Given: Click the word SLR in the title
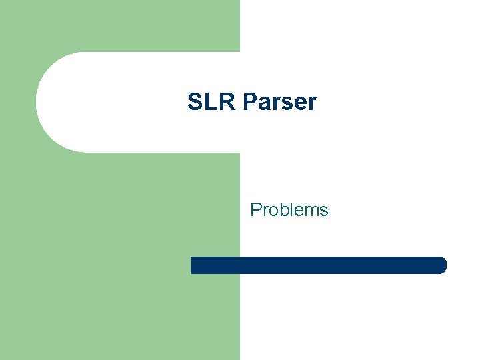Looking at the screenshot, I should pos(212,102).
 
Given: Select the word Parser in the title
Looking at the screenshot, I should pos(280,102).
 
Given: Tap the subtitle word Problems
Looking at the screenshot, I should pos(289,210).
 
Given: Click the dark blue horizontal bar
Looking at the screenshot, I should pos(318,265).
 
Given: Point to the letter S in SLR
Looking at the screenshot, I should pos(195,102).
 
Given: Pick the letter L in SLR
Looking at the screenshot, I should pos(210,102).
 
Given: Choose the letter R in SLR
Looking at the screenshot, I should pos(227,102).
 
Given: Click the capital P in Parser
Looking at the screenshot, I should pos(251,102).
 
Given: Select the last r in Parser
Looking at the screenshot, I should pos(311,103).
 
